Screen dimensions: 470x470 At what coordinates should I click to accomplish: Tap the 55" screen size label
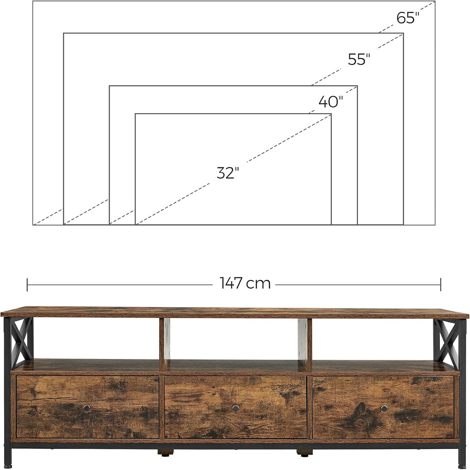pyautogui.click(x=359, y=59)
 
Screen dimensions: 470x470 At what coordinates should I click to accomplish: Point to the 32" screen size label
pyautogui.click(x=228, y=173)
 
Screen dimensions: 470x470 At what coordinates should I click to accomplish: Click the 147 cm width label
pyautogui.click(x=245, y=283)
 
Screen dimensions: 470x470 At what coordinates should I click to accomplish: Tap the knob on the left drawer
pyautogui.click(x=87, y=408)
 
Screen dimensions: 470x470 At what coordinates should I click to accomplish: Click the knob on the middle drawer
pyautogui.click(x=235, y=408)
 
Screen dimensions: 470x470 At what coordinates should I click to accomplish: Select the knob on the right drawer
pyautogui.click(x=384, y=408)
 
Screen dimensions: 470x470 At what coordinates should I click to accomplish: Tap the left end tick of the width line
pyautogui.click(x=27, y=284)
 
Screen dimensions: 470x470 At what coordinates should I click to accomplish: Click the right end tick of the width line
pyautogui.click(x=441, y=284)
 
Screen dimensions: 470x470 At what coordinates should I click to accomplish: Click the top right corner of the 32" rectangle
pyautogui.click(x=331, y=114)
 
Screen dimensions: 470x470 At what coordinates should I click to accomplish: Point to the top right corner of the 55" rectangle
pyautogui.click(x=403, y=33)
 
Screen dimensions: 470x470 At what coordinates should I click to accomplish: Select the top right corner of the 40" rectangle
pyautogui.click(x=357, y=86)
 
